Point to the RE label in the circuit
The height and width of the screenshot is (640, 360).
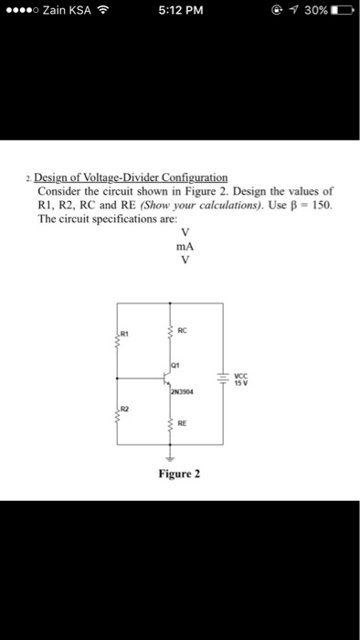point(182,425)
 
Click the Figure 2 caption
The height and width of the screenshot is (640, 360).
point(180,475)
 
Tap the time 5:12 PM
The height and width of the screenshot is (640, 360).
point(180,11)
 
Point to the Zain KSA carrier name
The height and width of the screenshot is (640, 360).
point(67,11)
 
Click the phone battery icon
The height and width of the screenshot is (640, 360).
point(344,11)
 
